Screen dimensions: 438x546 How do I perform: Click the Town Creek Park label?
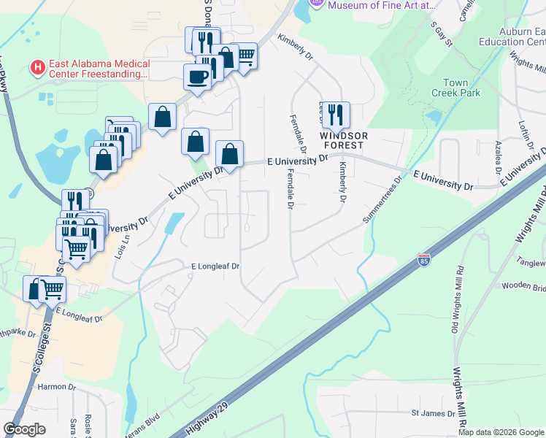[x=461, y=88]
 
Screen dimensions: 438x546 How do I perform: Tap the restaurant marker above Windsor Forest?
[x=336, y=114]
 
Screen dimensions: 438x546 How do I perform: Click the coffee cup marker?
[x=197, y=76]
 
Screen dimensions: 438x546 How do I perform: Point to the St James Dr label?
[x=434, y=413]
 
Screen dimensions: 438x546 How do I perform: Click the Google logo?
[x=25, y=429]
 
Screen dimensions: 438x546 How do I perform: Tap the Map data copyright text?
[x=501, y=432]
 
